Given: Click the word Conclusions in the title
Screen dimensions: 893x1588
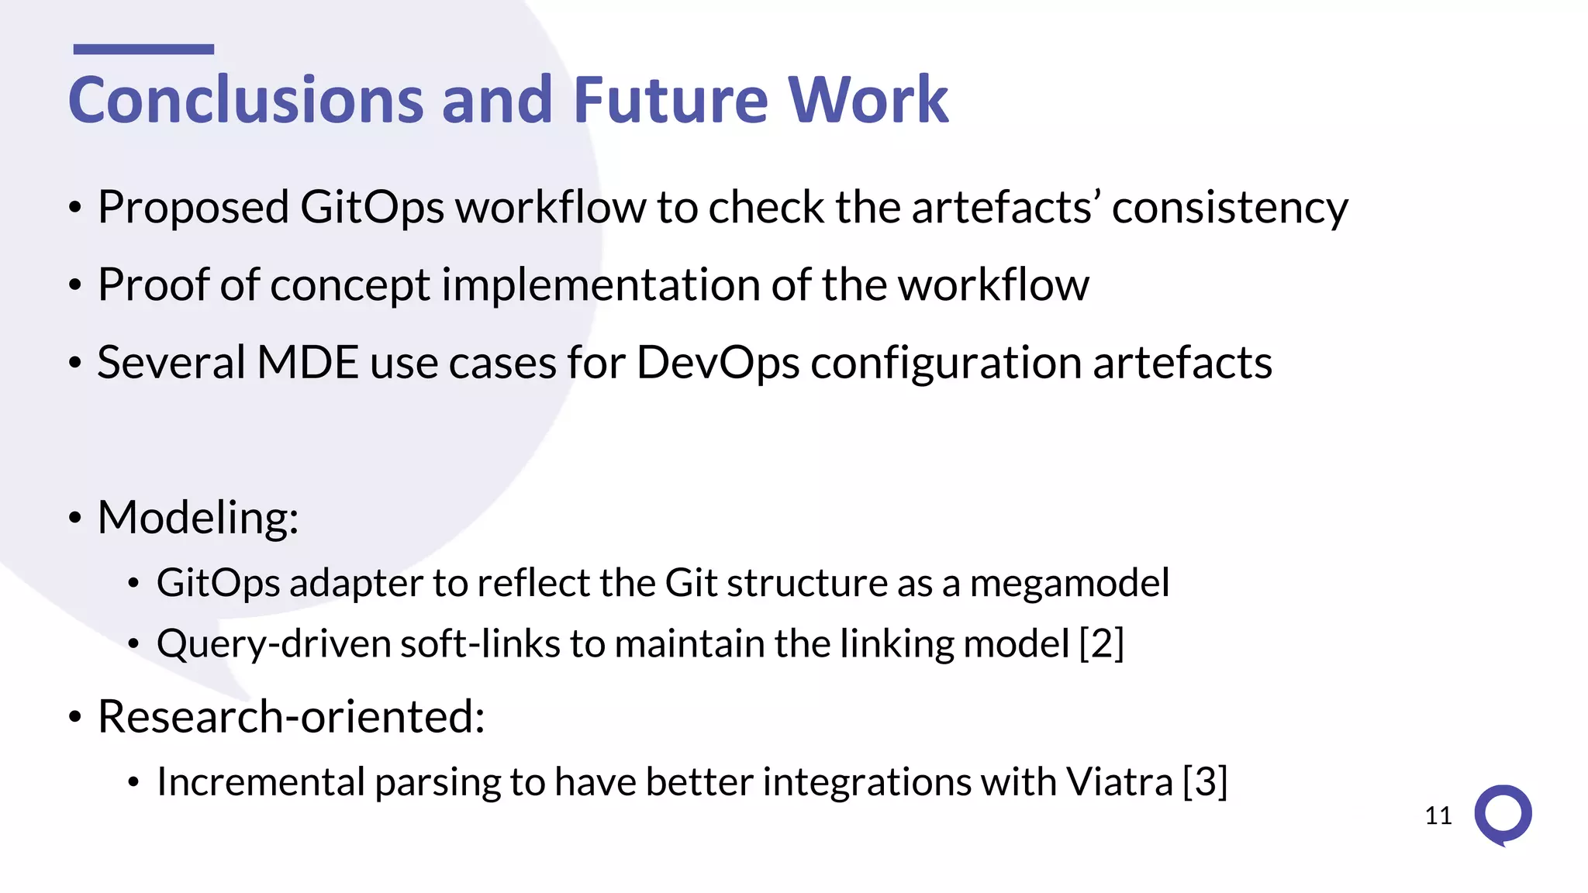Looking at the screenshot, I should (x=245, y=101).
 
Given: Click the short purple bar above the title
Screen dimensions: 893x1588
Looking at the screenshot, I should (x=143, y=50).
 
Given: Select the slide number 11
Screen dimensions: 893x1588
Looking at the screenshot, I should (x=1438, y=815).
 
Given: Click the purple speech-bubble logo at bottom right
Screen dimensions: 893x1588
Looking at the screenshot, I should (x=1503, y=815).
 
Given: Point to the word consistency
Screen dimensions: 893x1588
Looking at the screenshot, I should (x=1230, y=209).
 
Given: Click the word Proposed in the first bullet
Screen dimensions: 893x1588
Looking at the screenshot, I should (x=193, y=209).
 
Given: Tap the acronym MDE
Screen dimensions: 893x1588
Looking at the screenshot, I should (x=307, y=363).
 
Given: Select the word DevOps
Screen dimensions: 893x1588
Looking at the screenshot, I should (x=717, y=363).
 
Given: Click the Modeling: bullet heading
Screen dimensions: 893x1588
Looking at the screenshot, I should (x=198, y=518).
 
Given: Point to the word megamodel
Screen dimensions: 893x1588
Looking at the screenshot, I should (x=1069, y=583).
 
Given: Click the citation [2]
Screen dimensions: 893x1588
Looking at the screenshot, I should (x=1102, y=643).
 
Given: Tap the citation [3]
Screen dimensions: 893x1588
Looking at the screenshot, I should (x=1205, y=781).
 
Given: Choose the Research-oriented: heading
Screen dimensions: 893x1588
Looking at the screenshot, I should (x=291, y=716).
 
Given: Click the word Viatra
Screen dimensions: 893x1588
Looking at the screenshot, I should (x=1119, y=781).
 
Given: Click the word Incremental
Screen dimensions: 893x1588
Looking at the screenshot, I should (x=261, y=781).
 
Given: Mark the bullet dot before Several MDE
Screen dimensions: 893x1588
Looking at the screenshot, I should (x=74, y=364).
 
